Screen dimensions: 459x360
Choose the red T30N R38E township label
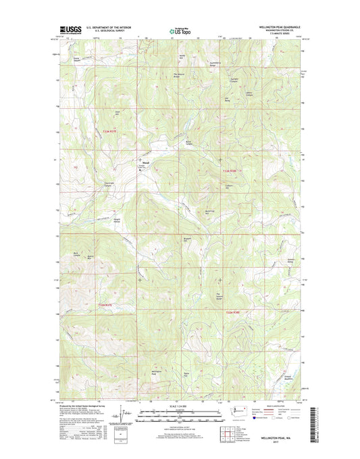click(x=233, y=312)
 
